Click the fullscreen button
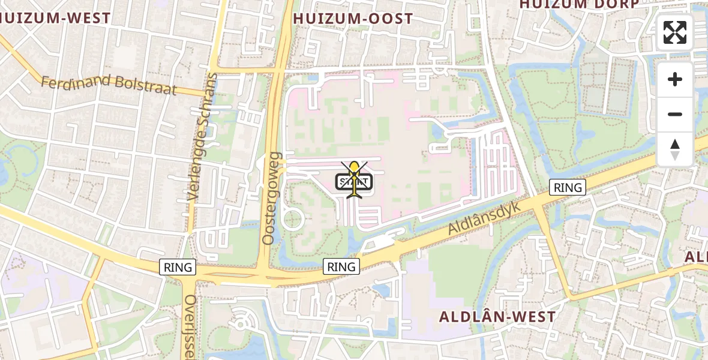point(675,32)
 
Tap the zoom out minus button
point(675,114)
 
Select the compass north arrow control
point(675,149)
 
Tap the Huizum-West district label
point(55,18)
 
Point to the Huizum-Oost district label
point(353,19)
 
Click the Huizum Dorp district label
point(579,4)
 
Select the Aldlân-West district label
point(497,316)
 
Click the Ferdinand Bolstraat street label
point(109,85)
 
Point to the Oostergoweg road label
point(272,198)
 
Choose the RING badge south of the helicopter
point(342,266)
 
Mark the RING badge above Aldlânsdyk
point(568,187)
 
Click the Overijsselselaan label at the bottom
point(190,327)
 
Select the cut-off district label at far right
point(697,257)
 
